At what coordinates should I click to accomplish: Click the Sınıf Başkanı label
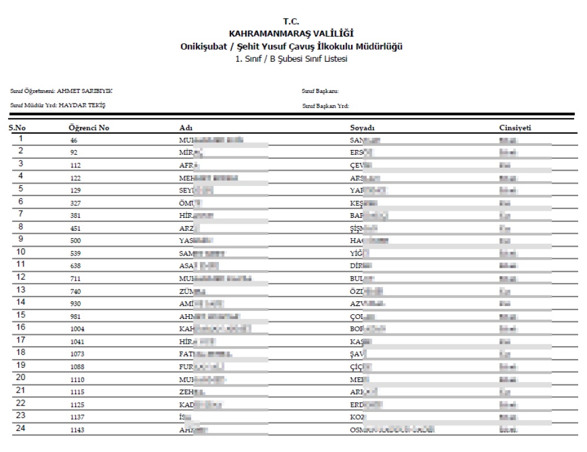320,91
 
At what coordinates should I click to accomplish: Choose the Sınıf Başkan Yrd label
326,106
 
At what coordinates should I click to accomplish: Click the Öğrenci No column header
89,128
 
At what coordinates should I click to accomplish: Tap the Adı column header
186,128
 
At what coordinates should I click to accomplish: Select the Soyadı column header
362,128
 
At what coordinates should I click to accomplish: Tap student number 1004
78,330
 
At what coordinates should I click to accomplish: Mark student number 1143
78,430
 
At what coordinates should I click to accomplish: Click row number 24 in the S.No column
21,428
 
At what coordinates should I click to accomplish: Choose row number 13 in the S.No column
21,290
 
